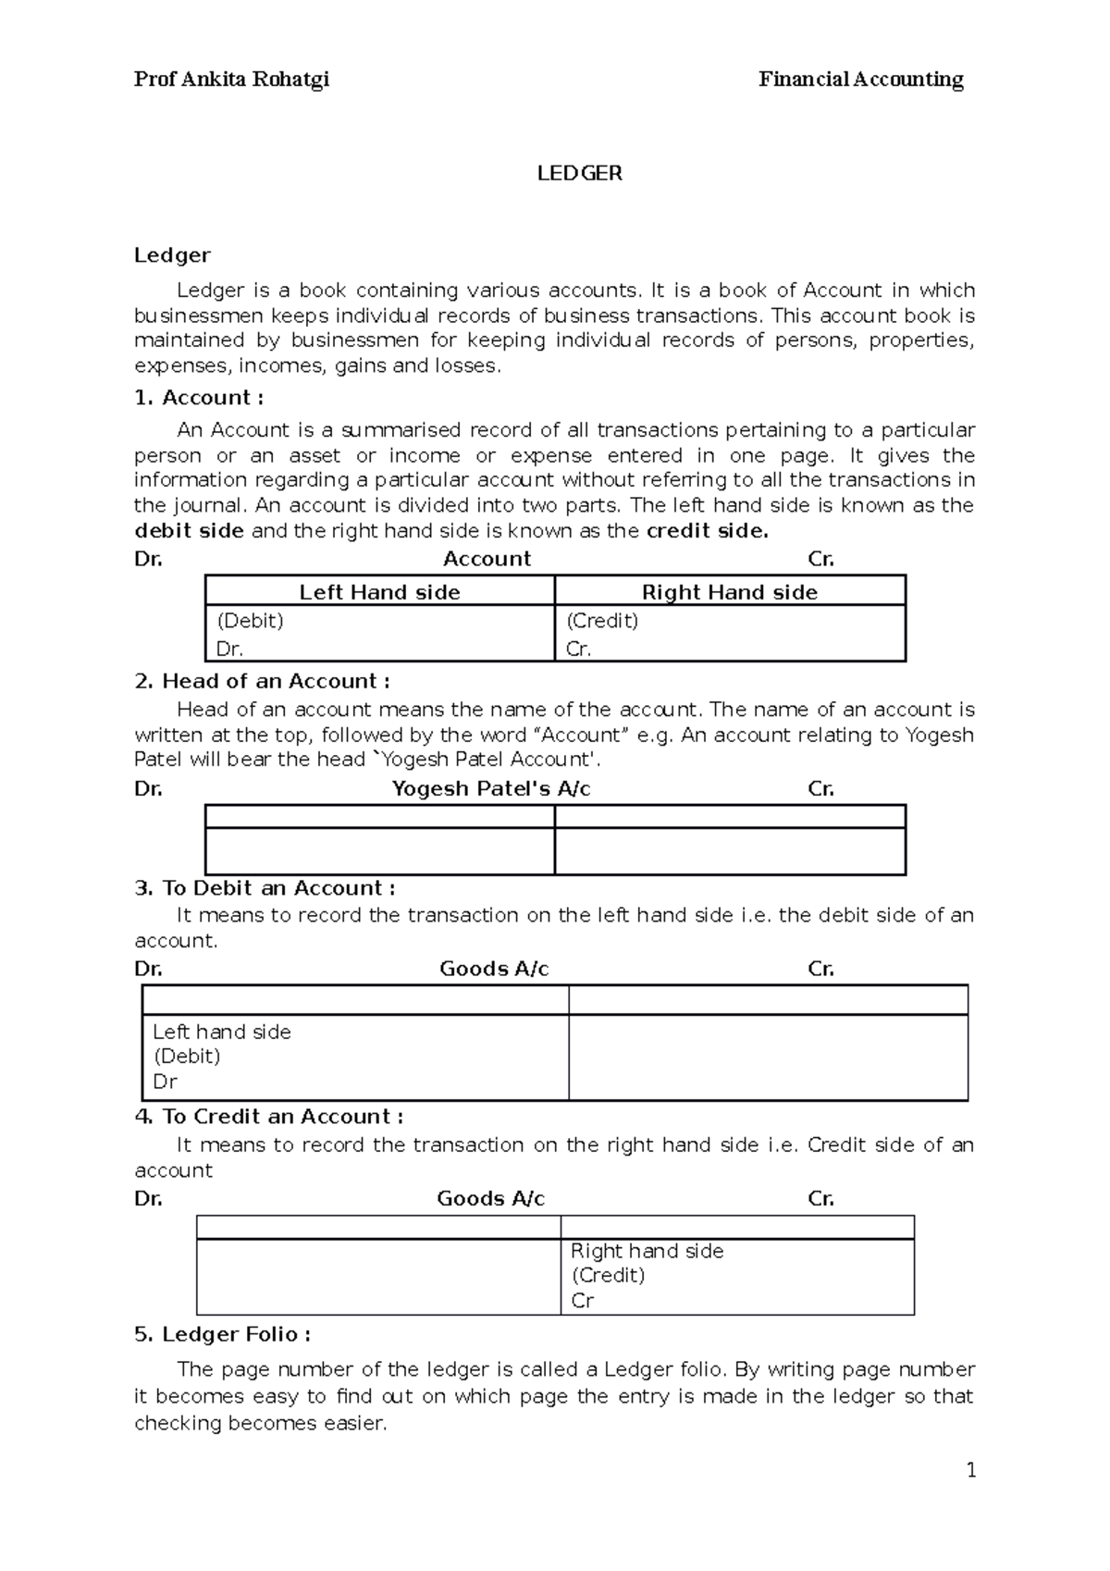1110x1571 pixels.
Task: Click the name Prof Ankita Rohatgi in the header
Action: point(231,80)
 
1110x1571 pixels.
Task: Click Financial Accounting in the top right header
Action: point(860,80)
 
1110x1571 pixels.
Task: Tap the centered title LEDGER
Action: point(580,173)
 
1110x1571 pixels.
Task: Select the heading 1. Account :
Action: point(199,398)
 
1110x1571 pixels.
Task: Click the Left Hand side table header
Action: point(379,592)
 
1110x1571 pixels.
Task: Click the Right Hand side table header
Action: point(729,592)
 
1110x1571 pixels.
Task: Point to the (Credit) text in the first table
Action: point(602,621)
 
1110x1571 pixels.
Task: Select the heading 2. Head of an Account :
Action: point(262,681)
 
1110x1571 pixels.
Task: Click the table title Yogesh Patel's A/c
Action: point(491,789)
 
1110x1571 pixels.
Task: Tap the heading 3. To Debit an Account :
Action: point(265,888)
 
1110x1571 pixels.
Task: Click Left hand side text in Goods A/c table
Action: point(222,1032)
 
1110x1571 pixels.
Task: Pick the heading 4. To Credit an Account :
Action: point(268,1117)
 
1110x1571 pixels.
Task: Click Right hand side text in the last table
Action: point(647,1251)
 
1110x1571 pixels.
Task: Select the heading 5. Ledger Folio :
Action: point(222,1334)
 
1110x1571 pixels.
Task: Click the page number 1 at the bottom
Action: point(971,1470)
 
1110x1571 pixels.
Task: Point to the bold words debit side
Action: point(189,531)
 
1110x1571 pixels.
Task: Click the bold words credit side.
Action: point(707,531)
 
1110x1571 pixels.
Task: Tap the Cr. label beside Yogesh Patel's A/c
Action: point(820,789)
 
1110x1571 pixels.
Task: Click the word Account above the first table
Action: point(487,559)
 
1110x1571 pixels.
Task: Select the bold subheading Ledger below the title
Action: point(172,254)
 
